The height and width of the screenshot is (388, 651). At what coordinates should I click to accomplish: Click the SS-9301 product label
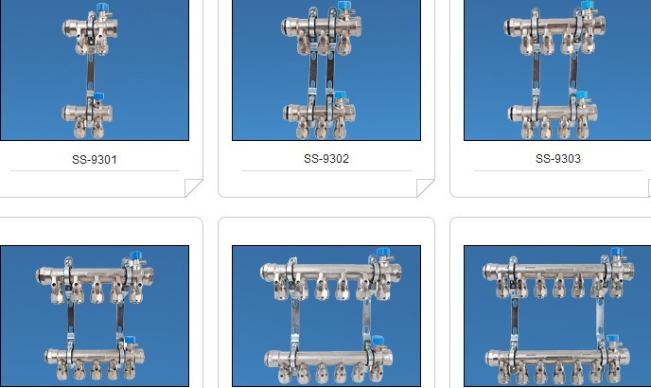[x=95, y=160]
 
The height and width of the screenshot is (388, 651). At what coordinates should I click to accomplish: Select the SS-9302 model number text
[x=326, y=159]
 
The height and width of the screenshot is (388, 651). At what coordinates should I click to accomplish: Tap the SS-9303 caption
[x=558, y=159]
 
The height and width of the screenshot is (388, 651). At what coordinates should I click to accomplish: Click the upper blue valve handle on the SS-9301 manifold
[x=102, y=8]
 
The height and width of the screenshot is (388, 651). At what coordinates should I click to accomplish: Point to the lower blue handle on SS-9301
[x=98, y=97]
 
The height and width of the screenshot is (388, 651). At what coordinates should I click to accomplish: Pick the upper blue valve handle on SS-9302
[x=343, y=6]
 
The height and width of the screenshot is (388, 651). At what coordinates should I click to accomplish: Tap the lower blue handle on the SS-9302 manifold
[x=340, y=96]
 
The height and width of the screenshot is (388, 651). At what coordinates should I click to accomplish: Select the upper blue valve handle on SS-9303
[x=587, y=5]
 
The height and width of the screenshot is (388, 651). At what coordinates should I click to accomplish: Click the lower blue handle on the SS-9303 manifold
[x=582, y=96]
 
